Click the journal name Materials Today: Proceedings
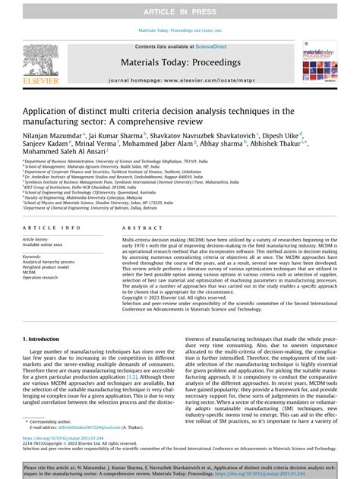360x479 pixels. coord(180,63)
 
